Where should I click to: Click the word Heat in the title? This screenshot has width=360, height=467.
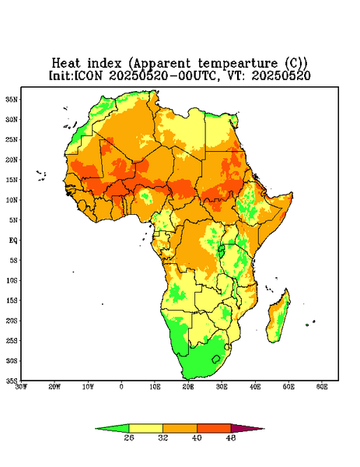pyautogui.click(x=66, y=64)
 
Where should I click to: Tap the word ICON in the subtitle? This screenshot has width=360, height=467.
pyautogui.click(x=88, y=75)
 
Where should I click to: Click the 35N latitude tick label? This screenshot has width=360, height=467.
pyautogui.click(x=12, y=100)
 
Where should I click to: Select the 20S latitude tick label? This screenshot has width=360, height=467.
pyautogui.click(x=12, y=321)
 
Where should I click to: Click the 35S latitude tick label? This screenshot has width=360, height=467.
pyautogui.click(x=12, y=381)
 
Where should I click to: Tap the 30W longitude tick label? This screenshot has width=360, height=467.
pyautogui.click(x=21, y=387)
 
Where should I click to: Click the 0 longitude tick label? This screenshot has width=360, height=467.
pyautogui.click(x=121, y=387)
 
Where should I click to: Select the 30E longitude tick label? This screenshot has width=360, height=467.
pyautogui.click(x=222, y=387)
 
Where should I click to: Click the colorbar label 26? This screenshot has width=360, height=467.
pyautogui.click(x=129, y=437)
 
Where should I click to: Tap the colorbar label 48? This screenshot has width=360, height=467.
pyautogui.click(x=231, y=437)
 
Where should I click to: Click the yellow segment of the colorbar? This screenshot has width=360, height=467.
pyautogui.click(x=145, y=428)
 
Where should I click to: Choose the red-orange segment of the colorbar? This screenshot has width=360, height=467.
pyautogui.click(x=214, y=428)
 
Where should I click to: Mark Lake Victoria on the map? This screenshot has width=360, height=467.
pyautogui.click(x=222, y=251)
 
